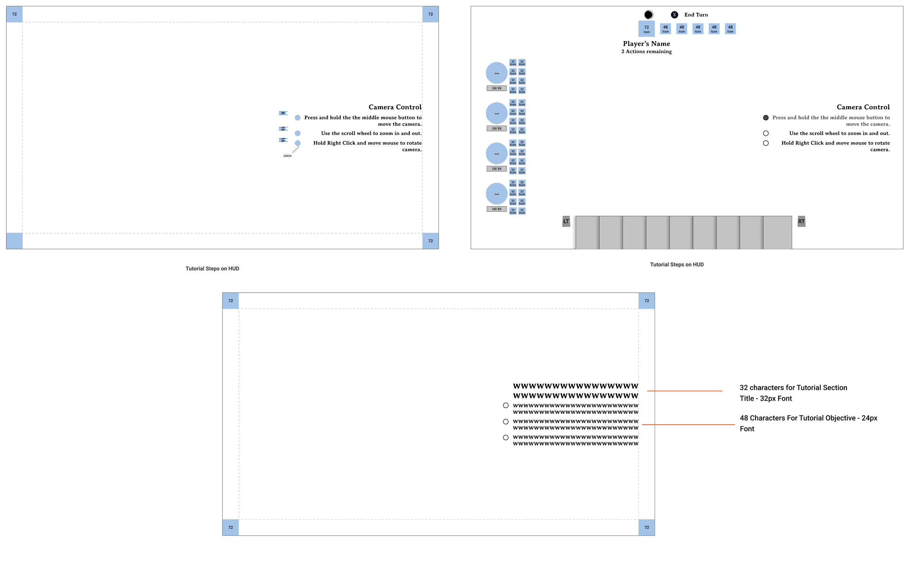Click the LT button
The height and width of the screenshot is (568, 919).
pyautogui.click(x=566, y=221)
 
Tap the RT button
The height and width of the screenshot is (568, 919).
pyautogui.click(x=801, y=221)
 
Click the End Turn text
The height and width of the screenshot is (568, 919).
pyautogui.click(x=695, y=15)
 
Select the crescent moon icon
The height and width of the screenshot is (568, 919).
pyautogui.click(x=649, y=15)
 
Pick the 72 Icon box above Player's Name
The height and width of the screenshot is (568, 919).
pyautogui.click(x=646, y=29)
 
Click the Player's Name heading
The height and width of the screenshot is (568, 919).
pyautogui.click(x=646, y=44)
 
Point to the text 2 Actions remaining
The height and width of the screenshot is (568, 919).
pyautogui.click(x=646, y=51)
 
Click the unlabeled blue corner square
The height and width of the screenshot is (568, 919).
pyautogui.click(x=14, y=241)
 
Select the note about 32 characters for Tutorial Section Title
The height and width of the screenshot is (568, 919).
pyautogui.click(x=793, y=392)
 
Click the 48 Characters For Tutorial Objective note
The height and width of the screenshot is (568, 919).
pyautogui.click(x=808, y=423)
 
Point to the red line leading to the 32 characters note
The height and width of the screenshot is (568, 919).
pyautogui.click(x=684, y=391)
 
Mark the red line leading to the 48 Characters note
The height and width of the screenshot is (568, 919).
pyautogui.click(x=688, y=425)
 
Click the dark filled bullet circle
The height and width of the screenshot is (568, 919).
pyautogui.click(x=766, y=117)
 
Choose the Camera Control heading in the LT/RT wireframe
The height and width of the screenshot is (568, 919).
pyautogui.click(x=863, y=107)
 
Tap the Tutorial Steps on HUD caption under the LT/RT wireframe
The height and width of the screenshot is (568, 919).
pyautogui.click(x=677, y=264)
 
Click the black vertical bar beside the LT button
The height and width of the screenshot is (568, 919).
pyautogui.click(x=573, y=232)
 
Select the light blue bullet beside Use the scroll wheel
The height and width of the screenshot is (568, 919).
pyautogui.click(x=297, y=133)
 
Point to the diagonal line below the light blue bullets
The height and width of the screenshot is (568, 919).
pyautogui.click(x=296, y=150)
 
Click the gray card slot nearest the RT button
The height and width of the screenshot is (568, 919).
pyautogui.click(x=777, y=232)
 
